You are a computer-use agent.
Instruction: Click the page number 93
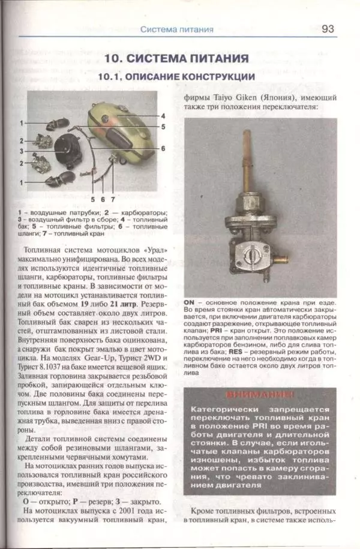tap(328, 28)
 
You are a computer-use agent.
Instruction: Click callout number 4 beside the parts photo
tap(163, 115)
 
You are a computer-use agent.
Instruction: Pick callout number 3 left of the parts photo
tap(21, 151)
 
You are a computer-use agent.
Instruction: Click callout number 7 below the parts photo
tap(112, 198)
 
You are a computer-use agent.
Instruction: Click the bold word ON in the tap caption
tap(190, 302)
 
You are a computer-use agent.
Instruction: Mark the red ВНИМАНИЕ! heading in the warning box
tap(260, 395)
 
